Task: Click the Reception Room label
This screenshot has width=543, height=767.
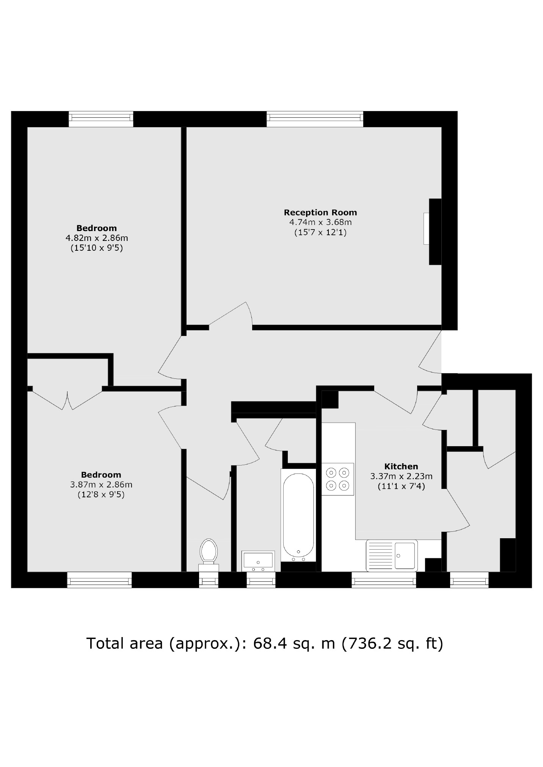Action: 320,212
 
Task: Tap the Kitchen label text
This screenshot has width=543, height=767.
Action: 401,466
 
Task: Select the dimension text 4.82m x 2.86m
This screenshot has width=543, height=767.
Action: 97,238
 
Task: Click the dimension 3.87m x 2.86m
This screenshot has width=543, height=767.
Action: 101,484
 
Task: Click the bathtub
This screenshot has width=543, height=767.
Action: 298,515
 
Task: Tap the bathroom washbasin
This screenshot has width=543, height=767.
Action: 258,561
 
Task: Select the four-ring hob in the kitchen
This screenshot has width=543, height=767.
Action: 337,479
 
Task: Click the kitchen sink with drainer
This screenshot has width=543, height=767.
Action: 391,555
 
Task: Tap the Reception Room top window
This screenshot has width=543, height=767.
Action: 315,119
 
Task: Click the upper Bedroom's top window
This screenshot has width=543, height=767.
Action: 101,119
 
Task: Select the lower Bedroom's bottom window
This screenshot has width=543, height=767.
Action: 99,580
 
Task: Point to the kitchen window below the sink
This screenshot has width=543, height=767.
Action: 383,580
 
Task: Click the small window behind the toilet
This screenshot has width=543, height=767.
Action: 209,580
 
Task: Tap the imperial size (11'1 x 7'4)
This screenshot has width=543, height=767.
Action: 401,486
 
